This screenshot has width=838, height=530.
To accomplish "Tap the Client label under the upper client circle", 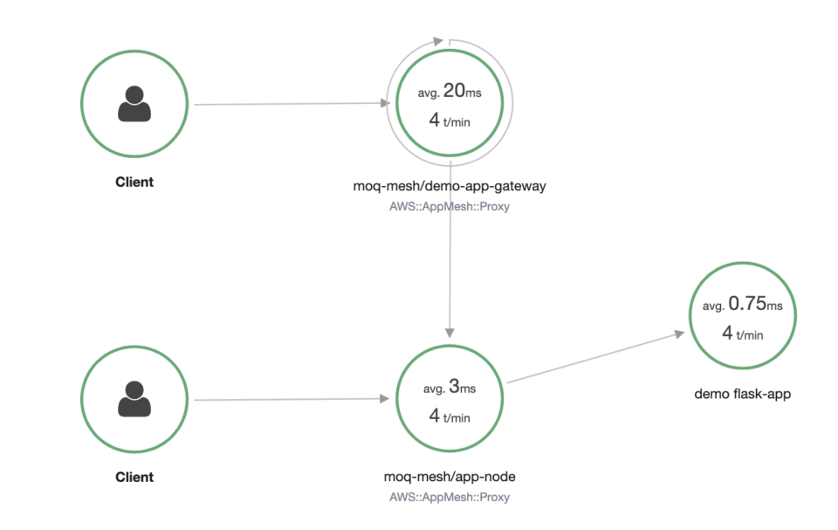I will point(134,182).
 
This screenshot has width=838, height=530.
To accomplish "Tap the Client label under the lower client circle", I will point(134,478).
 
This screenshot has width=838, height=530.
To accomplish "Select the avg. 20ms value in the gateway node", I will point(450,92).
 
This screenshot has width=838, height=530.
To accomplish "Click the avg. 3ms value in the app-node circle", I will point(450,387).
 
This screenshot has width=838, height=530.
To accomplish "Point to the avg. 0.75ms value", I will point(743,305).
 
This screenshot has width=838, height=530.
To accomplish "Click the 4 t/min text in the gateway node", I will point(450,121).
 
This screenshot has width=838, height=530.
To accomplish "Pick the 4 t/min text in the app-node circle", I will point(450,416).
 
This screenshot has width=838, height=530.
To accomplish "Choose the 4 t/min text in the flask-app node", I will point(743,334).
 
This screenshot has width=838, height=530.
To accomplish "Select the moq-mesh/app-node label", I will point(450,477).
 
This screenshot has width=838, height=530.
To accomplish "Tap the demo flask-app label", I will point(743,394).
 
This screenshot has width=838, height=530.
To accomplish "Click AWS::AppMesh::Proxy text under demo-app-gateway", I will point(450,209).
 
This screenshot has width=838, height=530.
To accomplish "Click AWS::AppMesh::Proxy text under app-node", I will point(450,497).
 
